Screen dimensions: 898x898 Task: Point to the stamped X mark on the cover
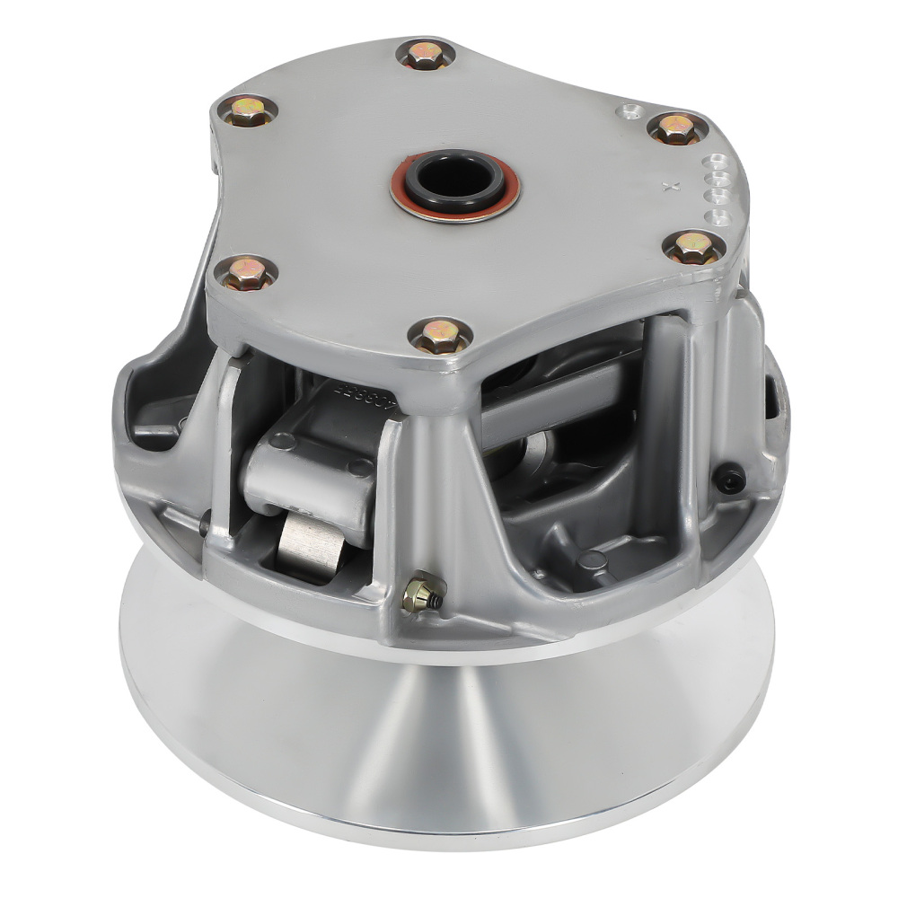(x=666, y=188)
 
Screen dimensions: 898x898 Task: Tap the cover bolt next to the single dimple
(x=675, y=128)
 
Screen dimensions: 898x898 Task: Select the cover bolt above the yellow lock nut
(x=439, y=336)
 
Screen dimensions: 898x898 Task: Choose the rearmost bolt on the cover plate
(x=425, y=54)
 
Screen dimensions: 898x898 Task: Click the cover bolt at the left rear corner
(x=247, y=110)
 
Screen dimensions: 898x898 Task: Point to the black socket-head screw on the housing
(x=728, y=478)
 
